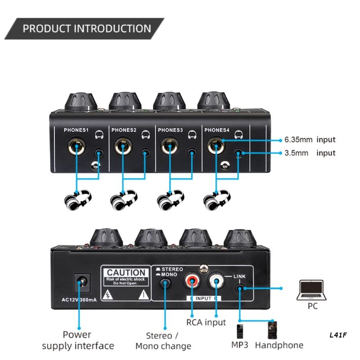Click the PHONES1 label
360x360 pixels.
(x=77, y=130)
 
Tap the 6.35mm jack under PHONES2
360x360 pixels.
(x=123, y=147)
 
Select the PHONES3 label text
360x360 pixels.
(x=170, y=130)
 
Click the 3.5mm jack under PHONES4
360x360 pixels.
(x=239, y=154)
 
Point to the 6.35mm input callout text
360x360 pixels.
(x=310, y=140)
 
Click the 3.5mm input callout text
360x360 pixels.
(x=310, y=153)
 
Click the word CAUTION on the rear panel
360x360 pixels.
(x=126, y=273)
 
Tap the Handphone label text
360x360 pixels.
(x=279, y=345)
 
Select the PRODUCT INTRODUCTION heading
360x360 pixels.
(x=87, y=29)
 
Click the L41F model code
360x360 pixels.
(x=338, y=335)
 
